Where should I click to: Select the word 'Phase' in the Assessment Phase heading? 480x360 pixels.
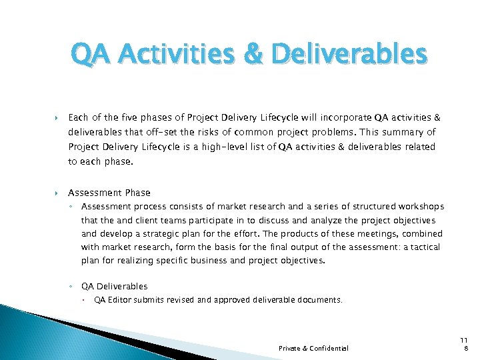[x=137, y=193]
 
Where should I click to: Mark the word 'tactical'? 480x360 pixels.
[x=424, y=247]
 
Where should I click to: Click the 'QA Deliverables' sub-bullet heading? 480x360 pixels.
[x=114, y=286]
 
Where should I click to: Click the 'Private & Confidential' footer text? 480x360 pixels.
[x=313, y=348]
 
